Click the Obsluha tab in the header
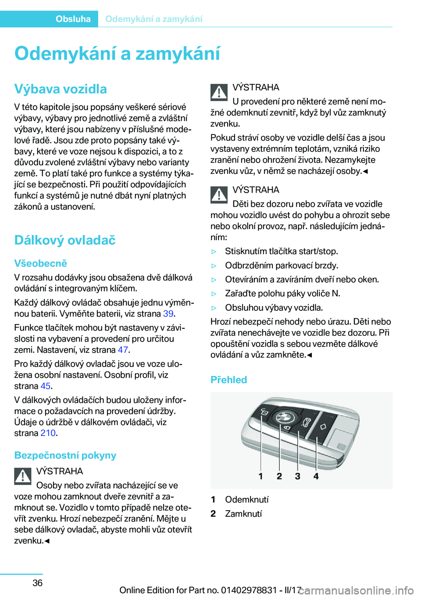click(x=73, y=19)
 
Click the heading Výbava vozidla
click(x=61, y=89)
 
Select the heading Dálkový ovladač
click(x=65, y=240)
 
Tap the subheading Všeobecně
click(x=40, y=263)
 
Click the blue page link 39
click(x=168, y=313)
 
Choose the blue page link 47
click(x=123, y=349)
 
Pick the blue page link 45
click(x=46, y=386)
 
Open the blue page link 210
click(x=48, y=433)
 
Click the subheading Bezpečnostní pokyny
click(x=65, y=455)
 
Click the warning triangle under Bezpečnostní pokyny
click(x=23, y=476)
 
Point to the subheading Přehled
click(x=228, y=380)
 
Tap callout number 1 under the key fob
click(x=260, y=476)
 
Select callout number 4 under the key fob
click(x=316, y=476)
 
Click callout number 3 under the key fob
click(x=297, y=476)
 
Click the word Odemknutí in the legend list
click(x=246, y=500)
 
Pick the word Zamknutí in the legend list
click(x=243, y=514)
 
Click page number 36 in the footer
click(x=38, y=583)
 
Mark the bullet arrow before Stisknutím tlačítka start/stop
click(x=214, y=252)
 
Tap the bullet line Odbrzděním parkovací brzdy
click(x=281, y=266)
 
